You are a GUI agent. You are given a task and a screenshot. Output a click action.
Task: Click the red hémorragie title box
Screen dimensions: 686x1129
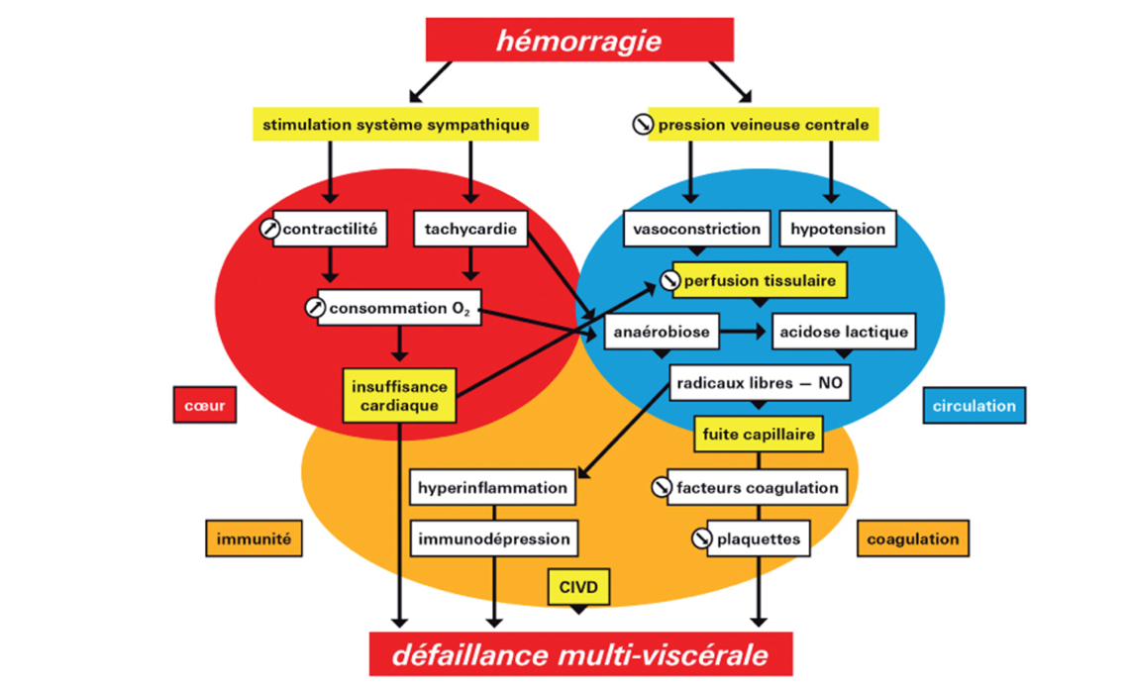(x=579, y=41)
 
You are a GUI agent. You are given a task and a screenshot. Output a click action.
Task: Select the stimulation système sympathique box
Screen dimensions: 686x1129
(x=395, y=126)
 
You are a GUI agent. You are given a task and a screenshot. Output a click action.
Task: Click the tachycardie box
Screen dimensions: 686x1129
(x=468, y=230)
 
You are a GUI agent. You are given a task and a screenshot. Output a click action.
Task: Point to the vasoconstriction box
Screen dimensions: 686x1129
(x=697, y=230)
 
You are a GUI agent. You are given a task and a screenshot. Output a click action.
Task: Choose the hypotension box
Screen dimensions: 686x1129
(x=837, y=230)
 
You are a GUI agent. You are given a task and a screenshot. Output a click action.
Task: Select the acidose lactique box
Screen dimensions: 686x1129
(x=843, y=332)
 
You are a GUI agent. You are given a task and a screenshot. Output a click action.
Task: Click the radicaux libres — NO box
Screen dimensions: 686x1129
(x=760, y=383)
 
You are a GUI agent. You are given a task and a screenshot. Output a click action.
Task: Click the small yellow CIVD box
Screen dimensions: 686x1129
(x=578, y=586)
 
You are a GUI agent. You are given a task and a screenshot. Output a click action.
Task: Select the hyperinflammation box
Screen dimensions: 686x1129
(x=492, y=487)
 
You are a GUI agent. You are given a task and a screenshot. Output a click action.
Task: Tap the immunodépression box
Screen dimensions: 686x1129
(x=493, y=539)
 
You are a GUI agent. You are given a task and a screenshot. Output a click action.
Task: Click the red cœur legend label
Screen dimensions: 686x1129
(x=204, y=405)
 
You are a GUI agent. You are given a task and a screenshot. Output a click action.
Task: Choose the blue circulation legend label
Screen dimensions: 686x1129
(x=974, y=405)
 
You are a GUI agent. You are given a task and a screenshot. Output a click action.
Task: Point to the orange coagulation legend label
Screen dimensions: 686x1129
(x=912, y=539)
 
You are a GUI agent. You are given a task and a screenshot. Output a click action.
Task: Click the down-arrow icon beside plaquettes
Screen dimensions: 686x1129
(x=702, y=539)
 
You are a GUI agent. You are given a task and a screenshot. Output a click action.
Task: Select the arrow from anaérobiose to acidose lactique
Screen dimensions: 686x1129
(x=745, y=332)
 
